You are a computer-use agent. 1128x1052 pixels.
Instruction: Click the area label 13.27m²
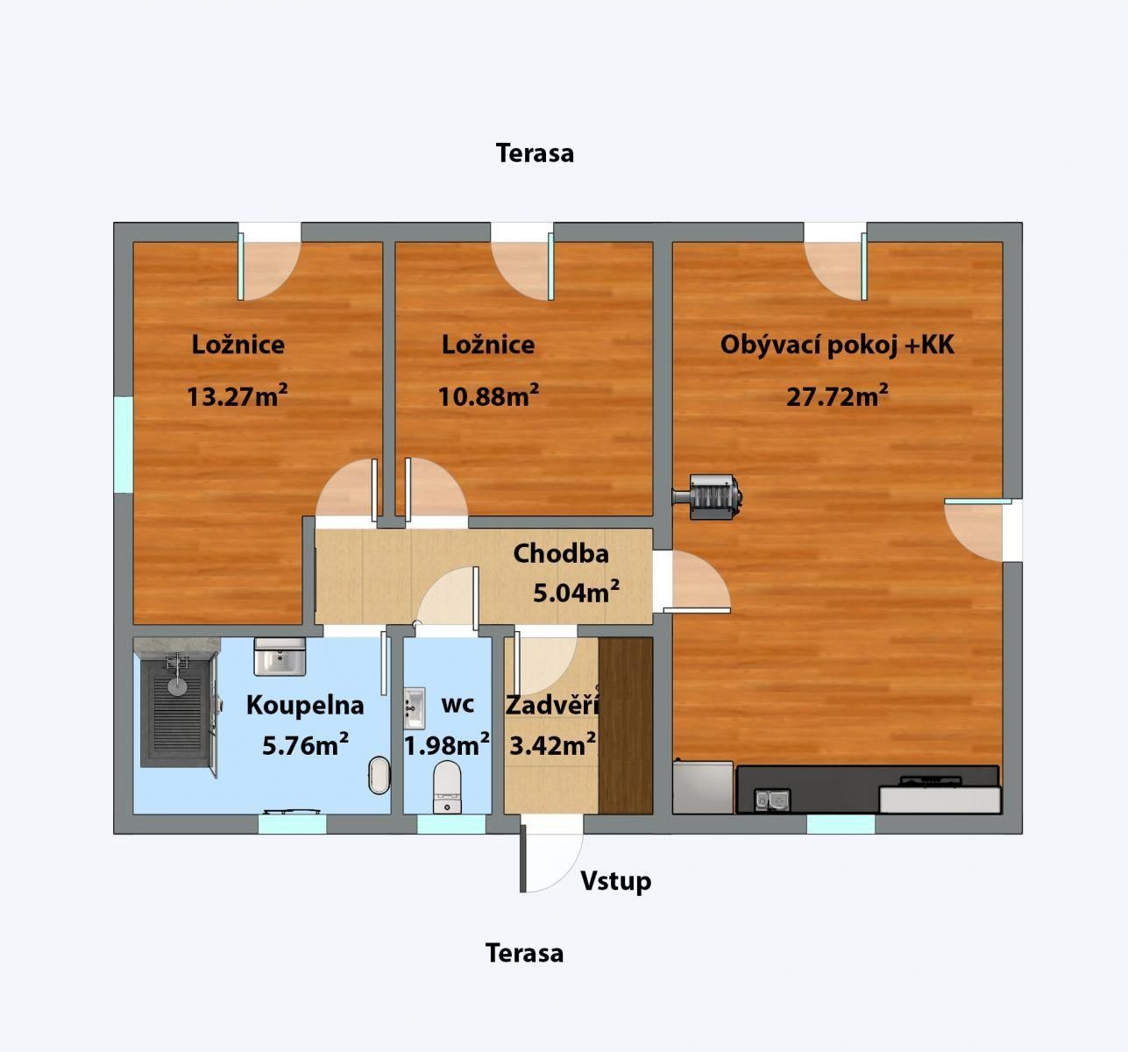point(237,396)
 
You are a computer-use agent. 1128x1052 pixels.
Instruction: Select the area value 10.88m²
point(488,396)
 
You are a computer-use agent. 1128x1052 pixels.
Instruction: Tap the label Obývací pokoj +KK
point(837,345)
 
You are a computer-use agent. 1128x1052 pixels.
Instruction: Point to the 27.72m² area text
point(837,396)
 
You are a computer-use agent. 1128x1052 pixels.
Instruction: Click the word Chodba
point(560,553)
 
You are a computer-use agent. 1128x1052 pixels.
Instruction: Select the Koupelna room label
point(304,705)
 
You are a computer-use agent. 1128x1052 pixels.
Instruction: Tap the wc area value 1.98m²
point(446,745)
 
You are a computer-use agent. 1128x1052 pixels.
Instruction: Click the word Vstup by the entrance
point(615,881)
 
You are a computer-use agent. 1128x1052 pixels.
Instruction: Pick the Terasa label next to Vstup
point(524,953)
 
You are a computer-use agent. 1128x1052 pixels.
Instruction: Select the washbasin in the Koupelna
point(280,657)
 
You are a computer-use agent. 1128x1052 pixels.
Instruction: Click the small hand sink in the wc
point(414,708)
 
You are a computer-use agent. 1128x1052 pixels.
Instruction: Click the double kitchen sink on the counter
point(772,800)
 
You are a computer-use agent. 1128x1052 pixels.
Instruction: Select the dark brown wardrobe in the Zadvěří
point(625,725)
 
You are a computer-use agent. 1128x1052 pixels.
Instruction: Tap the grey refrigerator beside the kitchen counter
point(702,787)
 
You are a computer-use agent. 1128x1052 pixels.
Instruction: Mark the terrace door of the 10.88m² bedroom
point(522,263)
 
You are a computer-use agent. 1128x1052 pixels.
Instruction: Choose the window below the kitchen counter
point(840,824)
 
